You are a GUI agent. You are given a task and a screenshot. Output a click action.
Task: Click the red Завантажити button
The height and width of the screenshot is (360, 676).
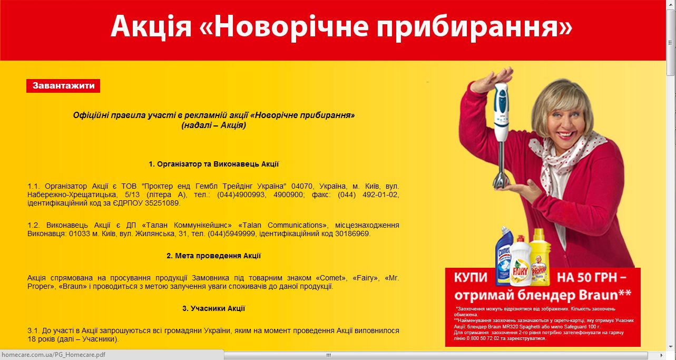(x=63, y=86)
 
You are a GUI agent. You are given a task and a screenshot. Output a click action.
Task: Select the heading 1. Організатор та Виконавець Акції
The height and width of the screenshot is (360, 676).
(x=213, y=164)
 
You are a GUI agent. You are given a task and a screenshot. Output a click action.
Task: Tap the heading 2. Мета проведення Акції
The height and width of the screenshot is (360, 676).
(x=213, y=256)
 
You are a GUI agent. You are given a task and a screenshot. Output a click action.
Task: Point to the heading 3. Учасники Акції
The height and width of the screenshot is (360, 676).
(x=213, y=308)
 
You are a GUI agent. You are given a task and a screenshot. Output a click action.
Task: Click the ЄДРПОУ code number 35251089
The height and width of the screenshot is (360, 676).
(x=162, y=203)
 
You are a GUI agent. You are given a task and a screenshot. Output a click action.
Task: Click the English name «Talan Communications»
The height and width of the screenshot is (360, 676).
(x=288, y=225)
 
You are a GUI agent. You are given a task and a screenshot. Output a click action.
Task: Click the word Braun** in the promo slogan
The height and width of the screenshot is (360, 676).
(x=603, y=293)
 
